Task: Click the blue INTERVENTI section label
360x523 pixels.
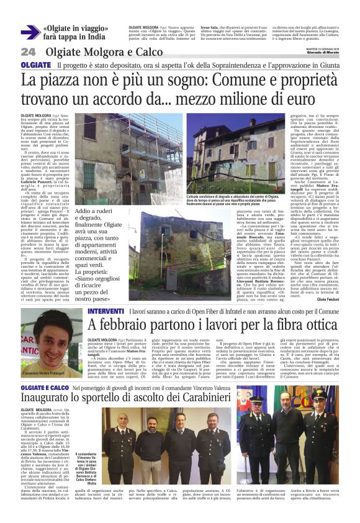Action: (x=106, y=311)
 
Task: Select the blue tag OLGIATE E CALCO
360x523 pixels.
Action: (x=45, y=388)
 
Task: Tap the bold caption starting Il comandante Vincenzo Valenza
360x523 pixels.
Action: (x=88, y=471)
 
